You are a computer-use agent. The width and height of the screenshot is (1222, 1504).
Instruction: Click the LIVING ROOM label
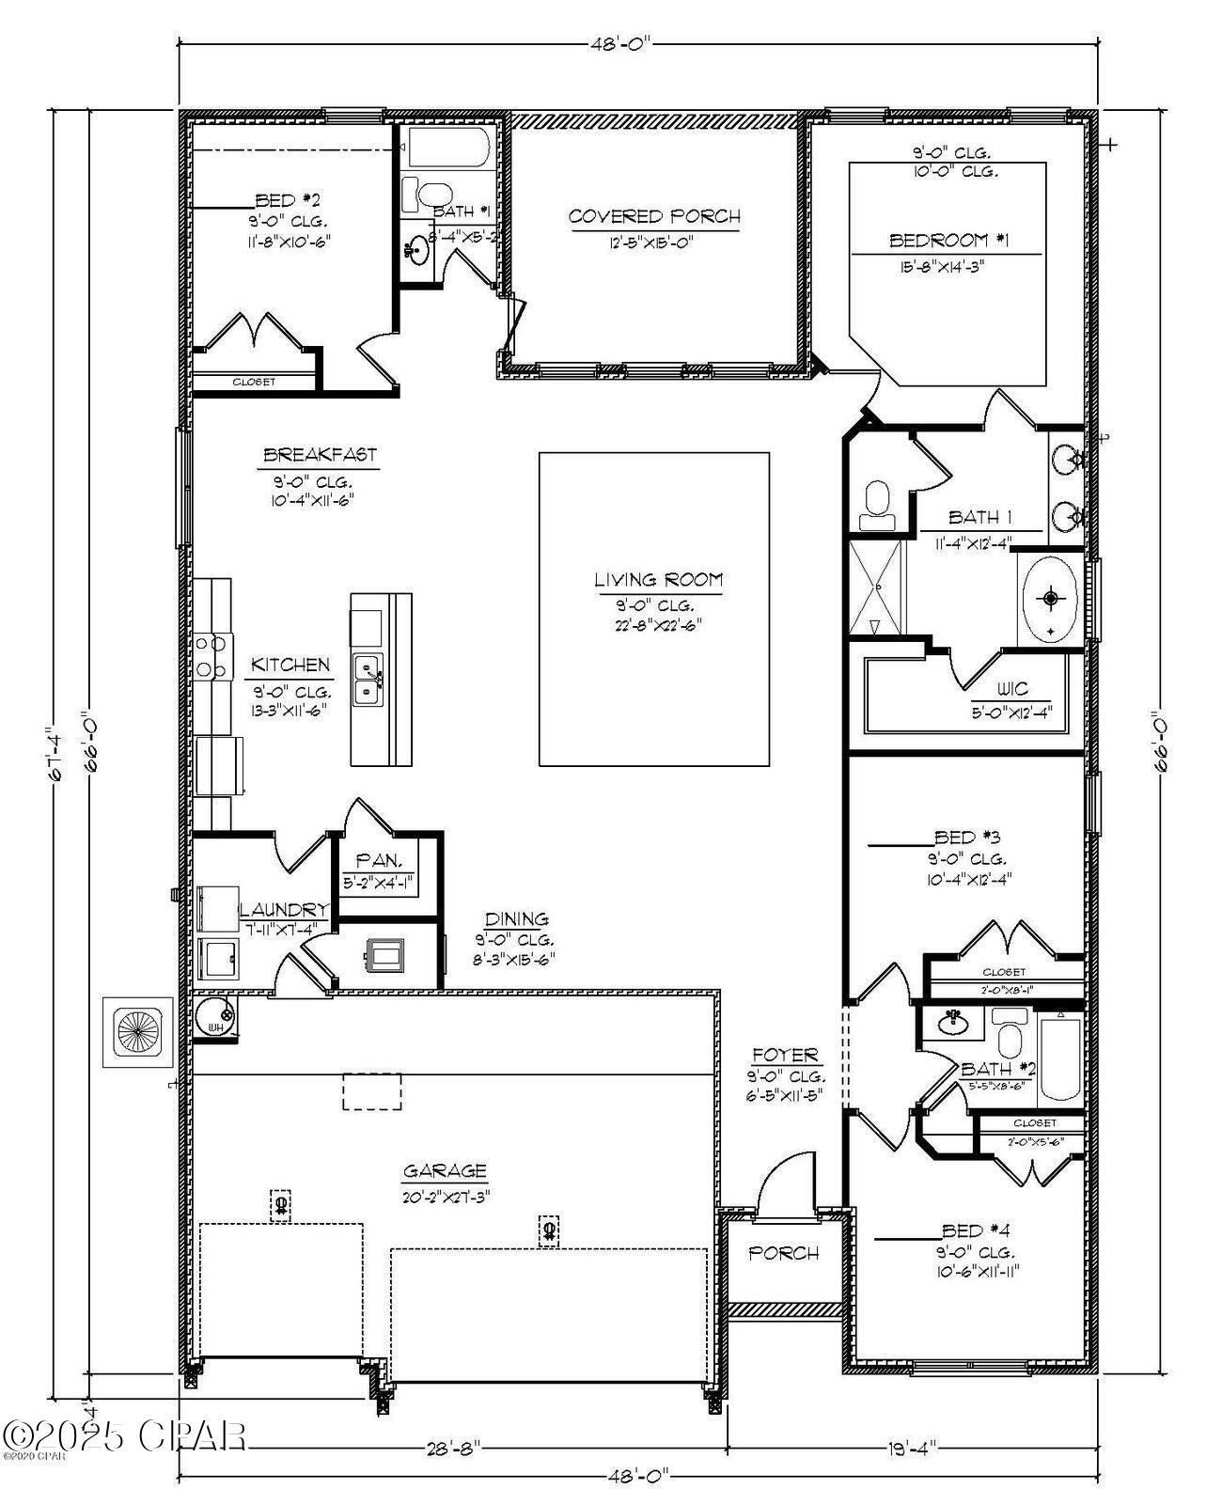658,580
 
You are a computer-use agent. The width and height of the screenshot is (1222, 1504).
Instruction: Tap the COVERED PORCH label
654,216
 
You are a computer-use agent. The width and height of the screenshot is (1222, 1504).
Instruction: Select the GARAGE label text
445,1171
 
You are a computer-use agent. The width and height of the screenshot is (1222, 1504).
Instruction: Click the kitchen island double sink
367,680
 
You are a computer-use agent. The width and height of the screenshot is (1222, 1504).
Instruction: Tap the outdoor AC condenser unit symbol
137,1031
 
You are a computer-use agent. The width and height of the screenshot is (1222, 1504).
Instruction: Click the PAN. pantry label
380,860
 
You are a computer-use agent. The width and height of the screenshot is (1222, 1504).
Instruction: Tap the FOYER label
785,1056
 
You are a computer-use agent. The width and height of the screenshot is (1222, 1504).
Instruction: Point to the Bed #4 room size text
978,1271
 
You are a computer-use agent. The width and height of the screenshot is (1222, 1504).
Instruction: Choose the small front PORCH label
783,1253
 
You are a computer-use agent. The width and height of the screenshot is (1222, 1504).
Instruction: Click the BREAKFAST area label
320,455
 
